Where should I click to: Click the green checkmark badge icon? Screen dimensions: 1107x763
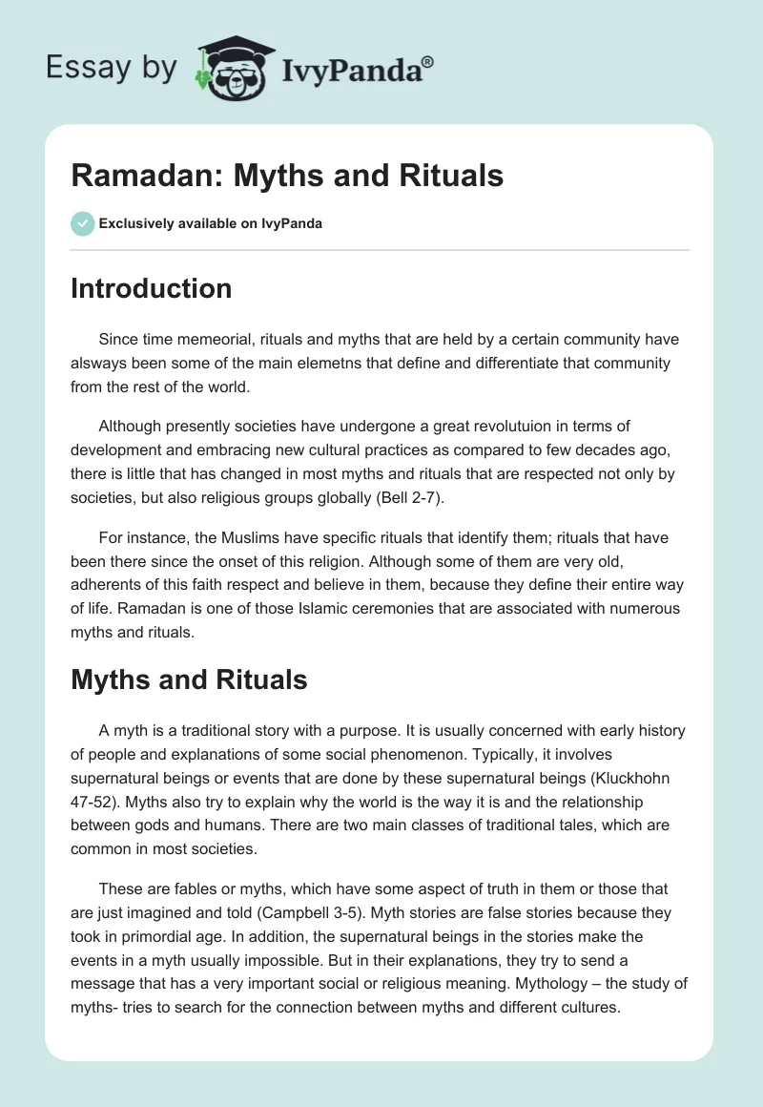click(82, 223)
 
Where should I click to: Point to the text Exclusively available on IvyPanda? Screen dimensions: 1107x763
click(211, 224)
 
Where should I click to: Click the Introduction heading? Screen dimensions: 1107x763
click(151, 288)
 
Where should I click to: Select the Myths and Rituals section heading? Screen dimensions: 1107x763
click(189, 679)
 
